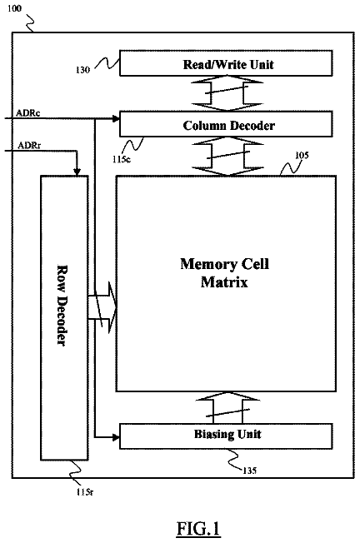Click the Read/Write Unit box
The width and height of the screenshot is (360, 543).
coord(226,63)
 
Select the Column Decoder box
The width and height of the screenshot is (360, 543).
coord(226,124)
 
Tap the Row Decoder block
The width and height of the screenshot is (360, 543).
coord(64,318)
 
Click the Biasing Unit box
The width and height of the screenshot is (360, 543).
coord(226,436)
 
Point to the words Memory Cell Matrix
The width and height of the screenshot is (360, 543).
coord(224,273)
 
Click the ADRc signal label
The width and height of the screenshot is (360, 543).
coord(28,113)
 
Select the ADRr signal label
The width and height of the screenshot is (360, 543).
coord(29,146)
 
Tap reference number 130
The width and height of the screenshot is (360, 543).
coord(82,70)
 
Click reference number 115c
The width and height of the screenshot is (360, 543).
coord(122,160)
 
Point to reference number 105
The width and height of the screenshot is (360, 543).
coord(302,155)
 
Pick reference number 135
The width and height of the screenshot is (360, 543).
coord(249,471)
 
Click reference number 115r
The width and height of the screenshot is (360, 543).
coord(85,491)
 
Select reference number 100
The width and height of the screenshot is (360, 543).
coord(14,8)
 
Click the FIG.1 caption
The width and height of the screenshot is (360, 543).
coord(198,529)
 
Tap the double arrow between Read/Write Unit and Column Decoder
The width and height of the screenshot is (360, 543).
coord(227,93)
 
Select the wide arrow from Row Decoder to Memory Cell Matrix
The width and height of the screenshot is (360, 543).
coord(102,307)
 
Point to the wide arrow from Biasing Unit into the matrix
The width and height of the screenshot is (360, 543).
coord(227,407)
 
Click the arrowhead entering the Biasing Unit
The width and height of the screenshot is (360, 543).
coord(117,437)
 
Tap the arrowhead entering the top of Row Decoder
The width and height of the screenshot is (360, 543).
coord(77,172)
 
